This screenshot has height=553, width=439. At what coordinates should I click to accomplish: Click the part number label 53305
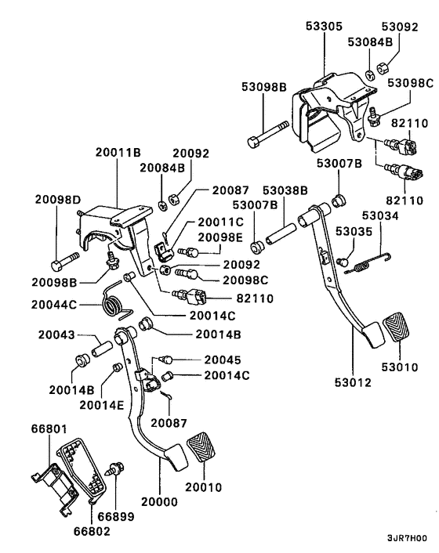click(x=324, y=24)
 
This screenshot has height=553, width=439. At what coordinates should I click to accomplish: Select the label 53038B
click(x=285, y=190)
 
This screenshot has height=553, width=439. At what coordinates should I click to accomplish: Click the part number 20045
click(x=223, y=360)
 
